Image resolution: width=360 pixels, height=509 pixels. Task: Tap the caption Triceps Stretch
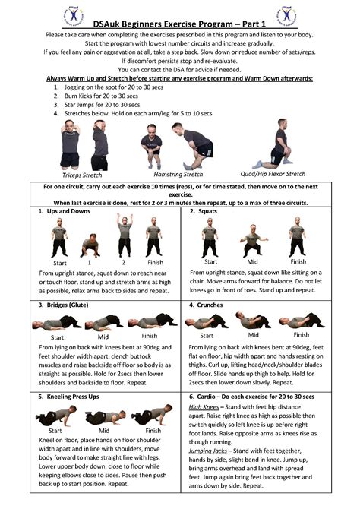pos(82,174)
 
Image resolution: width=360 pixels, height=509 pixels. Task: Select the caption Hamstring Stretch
pos(178,174)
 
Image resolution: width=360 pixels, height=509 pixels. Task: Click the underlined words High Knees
pos(204,406)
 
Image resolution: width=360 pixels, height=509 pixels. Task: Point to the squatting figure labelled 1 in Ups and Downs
pos(90,245)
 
